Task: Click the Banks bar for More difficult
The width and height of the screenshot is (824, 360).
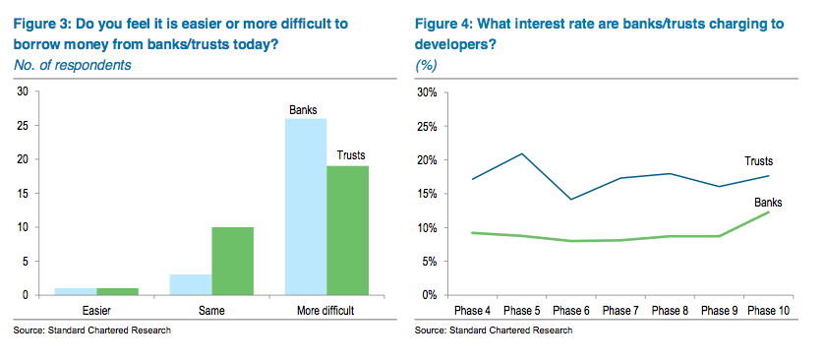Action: pos(306,207)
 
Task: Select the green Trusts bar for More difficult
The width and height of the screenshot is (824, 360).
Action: pos(348,230)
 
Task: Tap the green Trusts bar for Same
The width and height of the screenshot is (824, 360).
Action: pos(233,261)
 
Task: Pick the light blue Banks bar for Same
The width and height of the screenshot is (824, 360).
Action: pos(191,284)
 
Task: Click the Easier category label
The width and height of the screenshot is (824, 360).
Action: pos(96,311)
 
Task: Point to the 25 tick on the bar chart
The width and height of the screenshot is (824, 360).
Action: pos(27,126)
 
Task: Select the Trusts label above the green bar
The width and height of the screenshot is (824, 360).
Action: pos(350,155)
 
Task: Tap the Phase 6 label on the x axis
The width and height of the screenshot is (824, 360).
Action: pos(571,311)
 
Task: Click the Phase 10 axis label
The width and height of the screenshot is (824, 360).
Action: pos(769,311)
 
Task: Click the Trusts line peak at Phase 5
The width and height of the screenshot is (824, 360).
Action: pos(522,153)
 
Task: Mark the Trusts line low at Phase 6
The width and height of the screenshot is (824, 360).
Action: pos(571,200)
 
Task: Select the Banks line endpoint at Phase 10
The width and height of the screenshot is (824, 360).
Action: pos(769,211)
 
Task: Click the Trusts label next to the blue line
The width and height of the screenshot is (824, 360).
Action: pos(758,161)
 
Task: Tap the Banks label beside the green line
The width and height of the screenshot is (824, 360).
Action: pos(768,203)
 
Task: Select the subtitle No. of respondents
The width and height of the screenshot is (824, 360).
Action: pos(72,65)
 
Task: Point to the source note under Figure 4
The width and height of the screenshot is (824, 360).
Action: pos(494,330)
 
